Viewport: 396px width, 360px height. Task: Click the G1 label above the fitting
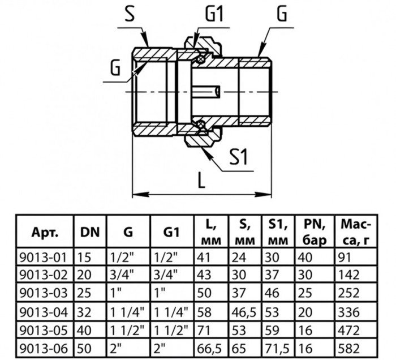coord(214,14)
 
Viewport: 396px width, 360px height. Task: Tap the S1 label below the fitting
coord(239,157)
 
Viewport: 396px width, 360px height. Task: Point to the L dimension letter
coord(201,179)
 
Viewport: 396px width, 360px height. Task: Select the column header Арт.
coord(45,232)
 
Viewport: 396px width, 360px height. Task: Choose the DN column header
coord(90,232)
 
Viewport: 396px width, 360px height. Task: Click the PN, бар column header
coord(315,232)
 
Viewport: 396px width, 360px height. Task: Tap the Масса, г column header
coord(356,232)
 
